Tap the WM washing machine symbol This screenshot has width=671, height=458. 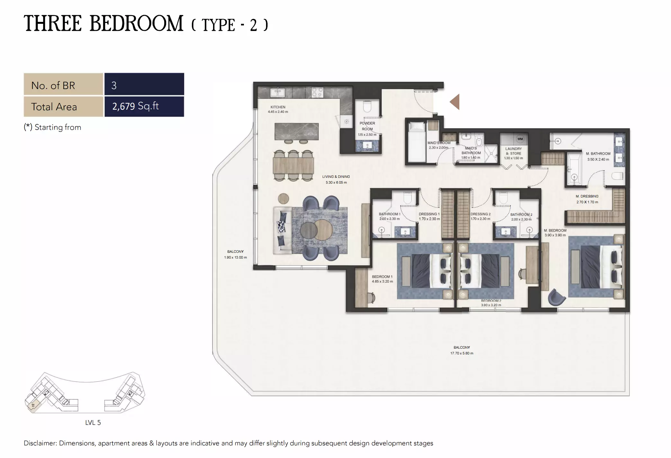click(x=520, y=139)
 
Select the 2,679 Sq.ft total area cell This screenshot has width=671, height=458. click(x=144, y=106)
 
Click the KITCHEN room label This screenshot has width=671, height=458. click(x=278, y=107)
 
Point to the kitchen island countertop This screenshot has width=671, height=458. click(x=297, y=132)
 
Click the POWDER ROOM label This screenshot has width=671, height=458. click(x=367, y=126)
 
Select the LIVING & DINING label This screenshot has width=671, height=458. click(x=336, y=177)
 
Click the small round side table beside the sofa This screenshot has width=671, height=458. click(x=283, y=198)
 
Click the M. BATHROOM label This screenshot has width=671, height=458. click(x=598, y=154)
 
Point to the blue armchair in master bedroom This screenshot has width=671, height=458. click(x=556, y=297)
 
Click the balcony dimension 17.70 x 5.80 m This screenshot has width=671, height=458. click(x=461, y=353)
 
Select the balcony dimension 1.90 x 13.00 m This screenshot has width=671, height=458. click(x=236, y=257)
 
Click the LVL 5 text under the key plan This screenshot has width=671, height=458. click(x=93, y=423)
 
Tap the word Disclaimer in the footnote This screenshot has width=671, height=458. click(x=40, y=443)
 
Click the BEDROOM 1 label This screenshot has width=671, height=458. click(x=382, y=277)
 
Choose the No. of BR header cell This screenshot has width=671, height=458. click(x=63, y=85)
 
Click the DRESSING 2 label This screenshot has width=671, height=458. click(x=480, y=214)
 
